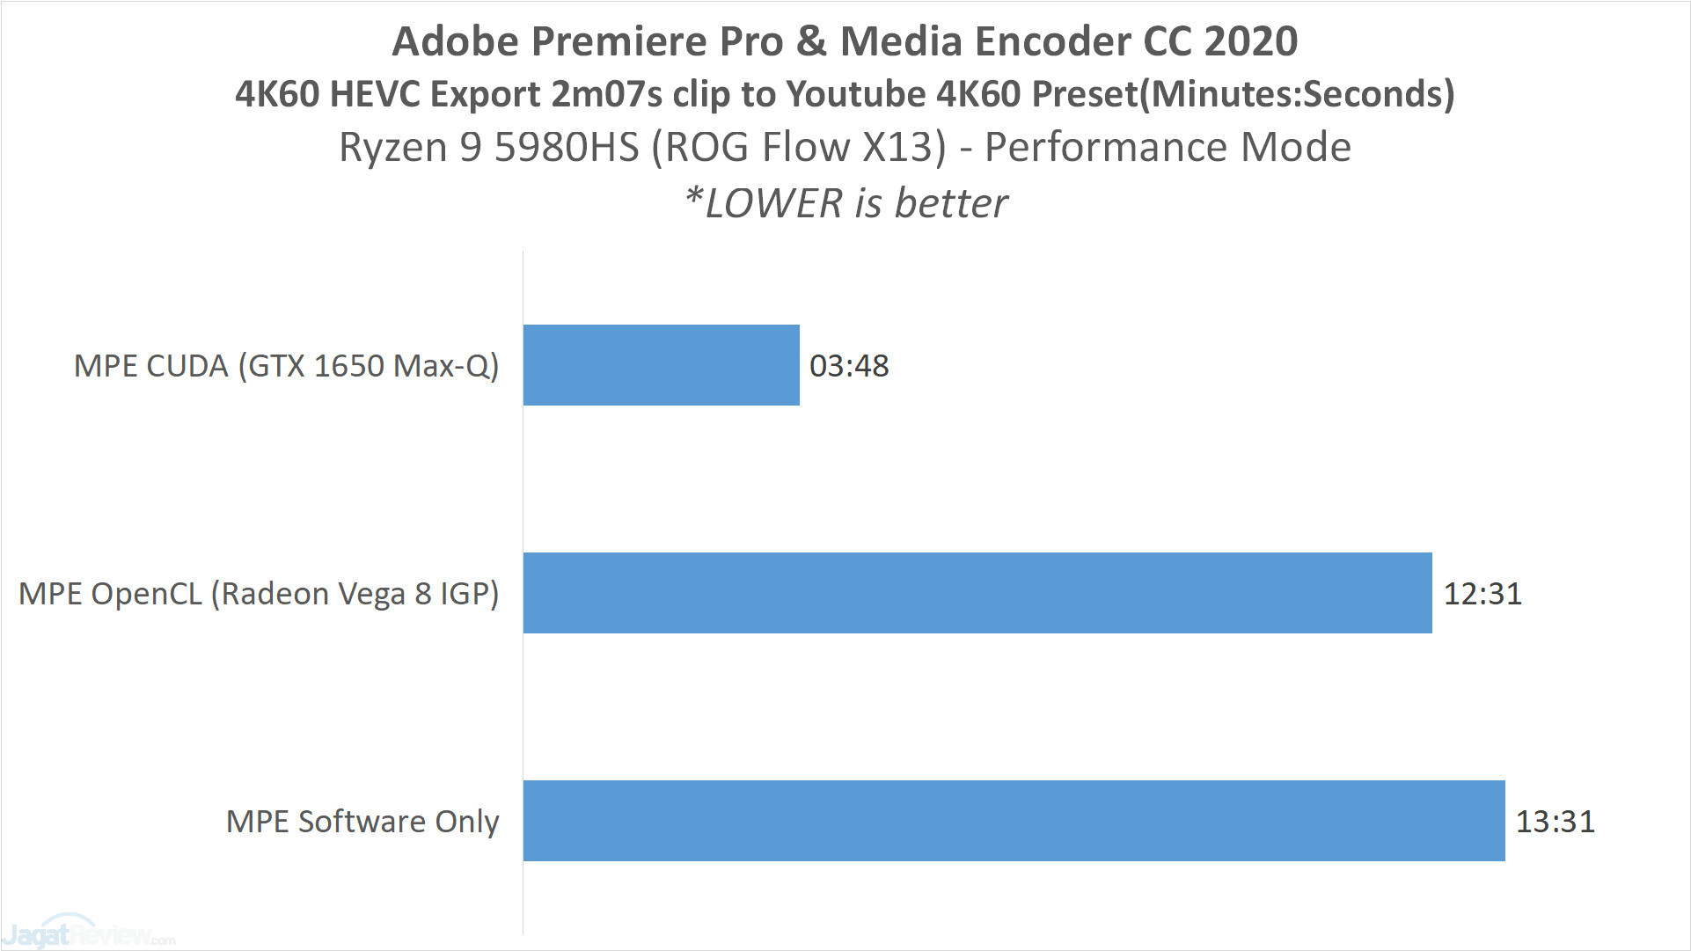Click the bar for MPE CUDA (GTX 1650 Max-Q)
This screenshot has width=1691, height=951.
pos(661,365)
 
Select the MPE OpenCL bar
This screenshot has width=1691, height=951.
pos(977,593)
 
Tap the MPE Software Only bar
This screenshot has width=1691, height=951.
pos(1014,821)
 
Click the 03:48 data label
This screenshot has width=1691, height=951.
pos(849,366)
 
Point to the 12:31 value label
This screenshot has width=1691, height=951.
pos(1482,594)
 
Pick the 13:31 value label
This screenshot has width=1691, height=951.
pos(1555,822)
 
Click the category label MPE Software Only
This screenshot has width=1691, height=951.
pos(362,822)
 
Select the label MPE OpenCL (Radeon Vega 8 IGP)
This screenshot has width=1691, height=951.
pos(259,594)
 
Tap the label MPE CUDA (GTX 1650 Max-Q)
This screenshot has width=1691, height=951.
pos(286,366)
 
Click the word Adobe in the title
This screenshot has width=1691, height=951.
pos(455,41)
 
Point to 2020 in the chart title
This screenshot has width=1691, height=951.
pos(1250,41)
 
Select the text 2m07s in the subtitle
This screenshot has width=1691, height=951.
pos(606,94)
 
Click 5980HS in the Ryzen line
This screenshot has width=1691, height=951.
pos(567,147)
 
